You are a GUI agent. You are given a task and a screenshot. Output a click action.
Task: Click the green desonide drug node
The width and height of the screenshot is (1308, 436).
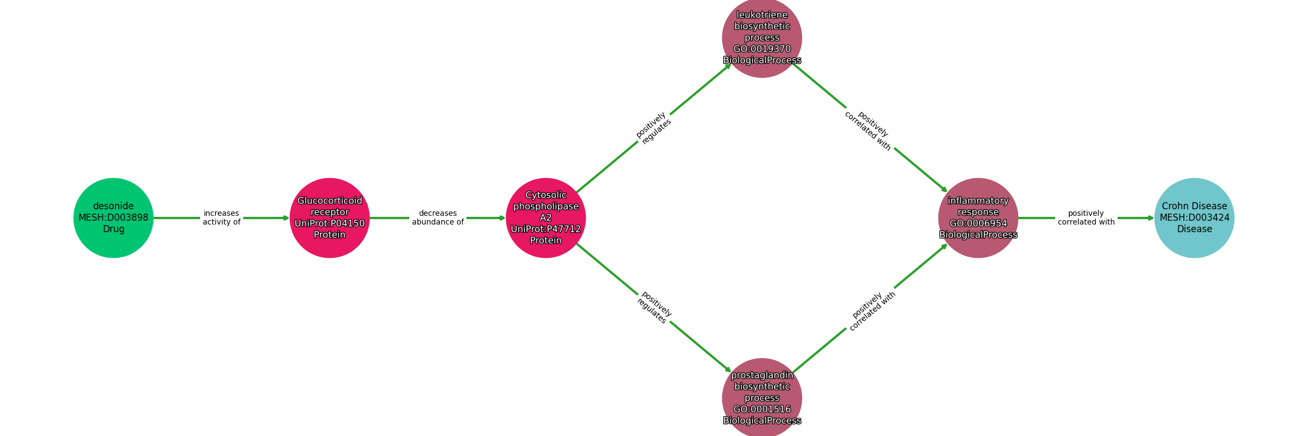point(113,218)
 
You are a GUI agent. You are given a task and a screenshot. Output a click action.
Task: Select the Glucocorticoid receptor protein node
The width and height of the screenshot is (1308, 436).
point(330,218)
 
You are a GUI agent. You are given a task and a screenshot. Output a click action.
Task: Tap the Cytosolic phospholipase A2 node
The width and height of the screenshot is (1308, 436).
point(546,218)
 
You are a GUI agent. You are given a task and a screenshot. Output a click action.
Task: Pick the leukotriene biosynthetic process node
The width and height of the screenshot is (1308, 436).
point(762,38)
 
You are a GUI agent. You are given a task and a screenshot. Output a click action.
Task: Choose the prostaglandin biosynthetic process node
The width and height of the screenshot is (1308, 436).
point(762,398)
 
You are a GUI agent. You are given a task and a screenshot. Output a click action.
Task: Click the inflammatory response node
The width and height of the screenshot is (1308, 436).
point(978,218)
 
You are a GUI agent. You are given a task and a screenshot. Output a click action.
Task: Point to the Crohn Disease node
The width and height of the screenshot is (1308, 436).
point(1195,218)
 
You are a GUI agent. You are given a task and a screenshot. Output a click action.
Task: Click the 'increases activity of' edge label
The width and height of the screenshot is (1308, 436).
point(221,217)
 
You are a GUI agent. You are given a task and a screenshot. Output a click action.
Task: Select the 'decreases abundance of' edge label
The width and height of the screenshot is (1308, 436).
point(438,217)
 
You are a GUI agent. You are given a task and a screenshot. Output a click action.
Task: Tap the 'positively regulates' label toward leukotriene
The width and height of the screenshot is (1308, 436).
point(653,128)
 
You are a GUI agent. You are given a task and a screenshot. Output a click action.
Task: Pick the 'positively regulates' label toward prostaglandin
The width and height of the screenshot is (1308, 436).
point(654,307)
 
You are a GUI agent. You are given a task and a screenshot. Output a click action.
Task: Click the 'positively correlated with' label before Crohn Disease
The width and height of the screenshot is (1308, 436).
point(1086,217)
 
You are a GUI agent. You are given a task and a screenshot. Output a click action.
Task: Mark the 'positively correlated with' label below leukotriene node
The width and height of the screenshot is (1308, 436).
point(870,131)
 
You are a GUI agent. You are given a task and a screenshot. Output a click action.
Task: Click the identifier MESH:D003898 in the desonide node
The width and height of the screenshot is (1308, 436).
point(113,217)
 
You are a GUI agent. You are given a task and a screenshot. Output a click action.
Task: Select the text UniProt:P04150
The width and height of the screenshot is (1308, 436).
point(330,223)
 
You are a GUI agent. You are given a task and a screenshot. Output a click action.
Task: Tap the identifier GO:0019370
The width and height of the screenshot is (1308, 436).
point(762,49)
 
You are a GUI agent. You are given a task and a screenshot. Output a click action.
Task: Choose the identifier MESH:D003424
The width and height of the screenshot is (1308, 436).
point(1195,217)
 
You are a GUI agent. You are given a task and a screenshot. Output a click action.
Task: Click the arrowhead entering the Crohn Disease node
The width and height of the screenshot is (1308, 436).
point(1151,218)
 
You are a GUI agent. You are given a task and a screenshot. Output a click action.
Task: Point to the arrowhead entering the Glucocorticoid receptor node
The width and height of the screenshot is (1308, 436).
point(286,218)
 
